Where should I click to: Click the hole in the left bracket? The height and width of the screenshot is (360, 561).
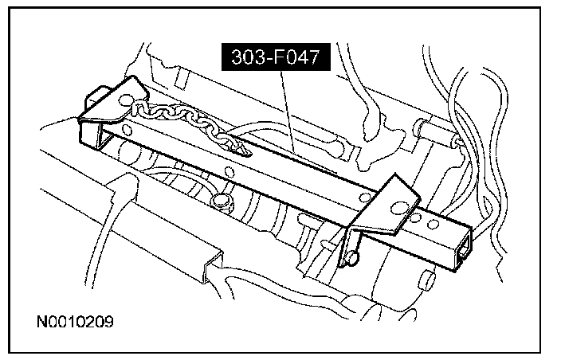pos(125,100)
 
